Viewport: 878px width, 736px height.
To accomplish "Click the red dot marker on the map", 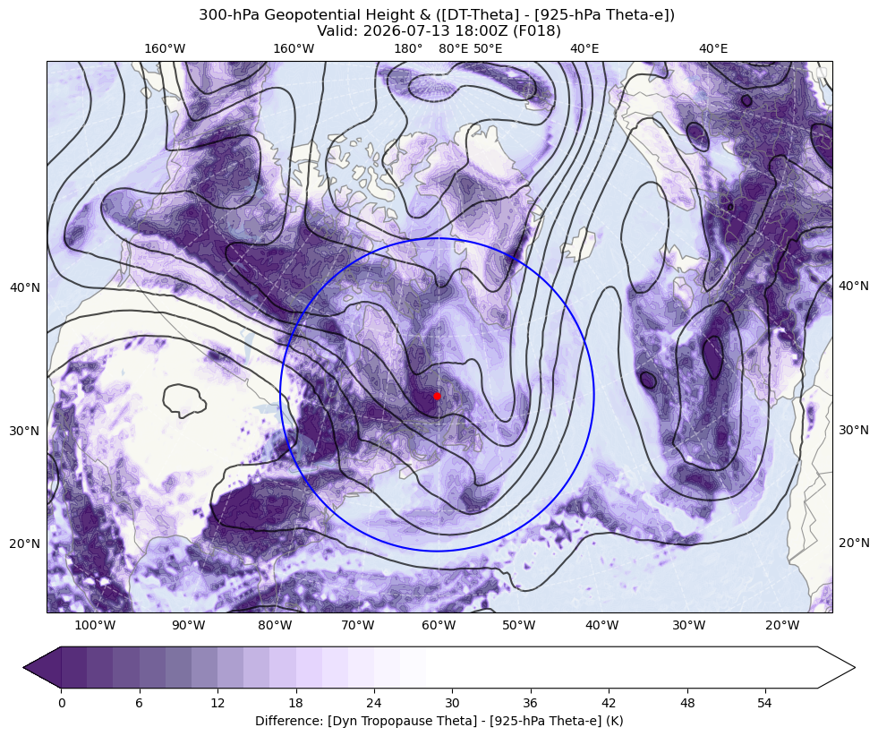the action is (437, 396).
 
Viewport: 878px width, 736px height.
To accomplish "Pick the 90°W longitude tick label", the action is (188, 625).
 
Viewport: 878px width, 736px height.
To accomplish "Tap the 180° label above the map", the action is (408, 48).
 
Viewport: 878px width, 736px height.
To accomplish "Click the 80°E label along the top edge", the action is (453, 48).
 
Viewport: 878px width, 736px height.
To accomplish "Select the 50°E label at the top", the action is (488, 48).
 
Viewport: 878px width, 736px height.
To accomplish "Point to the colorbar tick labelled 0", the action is (62, 703).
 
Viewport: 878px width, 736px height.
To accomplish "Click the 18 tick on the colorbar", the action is (295, 703).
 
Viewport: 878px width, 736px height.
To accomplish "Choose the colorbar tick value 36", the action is (530, 703).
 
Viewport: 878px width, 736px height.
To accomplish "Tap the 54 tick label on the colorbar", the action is (765, 703).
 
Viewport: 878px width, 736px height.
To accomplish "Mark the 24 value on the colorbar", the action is (374, 703).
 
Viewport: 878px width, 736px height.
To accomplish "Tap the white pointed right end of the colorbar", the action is (836, 667).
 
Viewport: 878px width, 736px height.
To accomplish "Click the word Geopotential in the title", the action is (301, 15).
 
